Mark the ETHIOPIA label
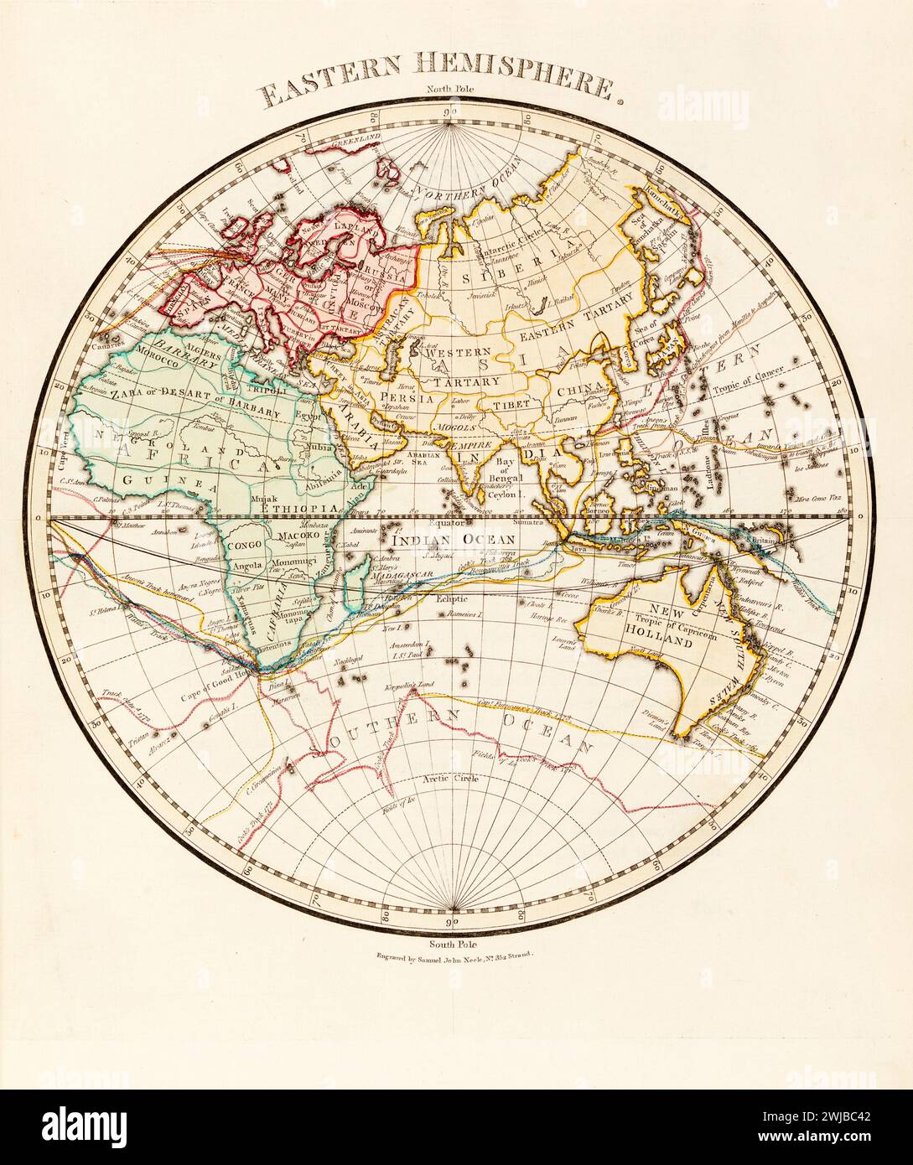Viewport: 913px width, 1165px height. tap(299, 510)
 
